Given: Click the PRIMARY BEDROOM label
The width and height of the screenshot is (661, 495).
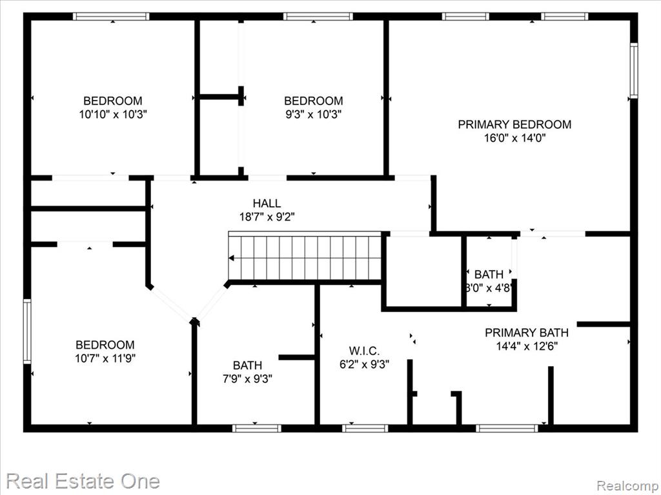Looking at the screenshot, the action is [x=514, y=124].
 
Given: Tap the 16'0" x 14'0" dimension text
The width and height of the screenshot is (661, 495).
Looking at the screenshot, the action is [x=514, y=138].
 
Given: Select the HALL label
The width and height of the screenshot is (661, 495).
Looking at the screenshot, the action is [x=267, y=203].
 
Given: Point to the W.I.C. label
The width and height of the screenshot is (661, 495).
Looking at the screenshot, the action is [x=364, y=351].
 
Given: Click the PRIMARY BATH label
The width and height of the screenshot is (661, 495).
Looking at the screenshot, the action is [x=527, y=333].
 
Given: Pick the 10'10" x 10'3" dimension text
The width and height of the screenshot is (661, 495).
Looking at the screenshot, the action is [x=112, y=115].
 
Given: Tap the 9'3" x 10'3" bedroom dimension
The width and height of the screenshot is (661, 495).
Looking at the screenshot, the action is [x=313, y=115].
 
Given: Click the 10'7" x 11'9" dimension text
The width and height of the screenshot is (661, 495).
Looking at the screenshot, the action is [x=105, y=358].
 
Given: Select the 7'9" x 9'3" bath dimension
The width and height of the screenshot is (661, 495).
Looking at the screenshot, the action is [x=247, y=379].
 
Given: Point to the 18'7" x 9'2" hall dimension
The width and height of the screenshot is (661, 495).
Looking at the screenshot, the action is [x=267, y=217].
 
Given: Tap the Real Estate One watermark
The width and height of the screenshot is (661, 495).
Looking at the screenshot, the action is [x=83, y=481].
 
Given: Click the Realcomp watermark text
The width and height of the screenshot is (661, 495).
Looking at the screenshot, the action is [x=628, y=485].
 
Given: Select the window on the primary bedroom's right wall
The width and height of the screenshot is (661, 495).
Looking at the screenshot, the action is [x=634, y=70].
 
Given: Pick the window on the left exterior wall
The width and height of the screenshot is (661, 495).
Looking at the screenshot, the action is [x=27, y=331].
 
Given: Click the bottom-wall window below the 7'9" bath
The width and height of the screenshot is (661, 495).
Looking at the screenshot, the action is [x=257, y=429].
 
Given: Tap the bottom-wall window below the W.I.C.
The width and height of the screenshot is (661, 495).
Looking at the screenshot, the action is [x=365, y=429].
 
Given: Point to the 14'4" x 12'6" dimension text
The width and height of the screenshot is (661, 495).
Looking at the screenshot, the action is [x=527, y=346].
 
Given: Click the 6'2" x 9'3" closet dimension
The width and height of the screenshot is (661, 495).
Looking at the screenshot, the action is [x=364, y=364].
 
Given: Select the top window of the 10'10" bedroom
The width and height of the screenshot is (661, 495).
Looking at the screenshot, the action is [x=111, y=16].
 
